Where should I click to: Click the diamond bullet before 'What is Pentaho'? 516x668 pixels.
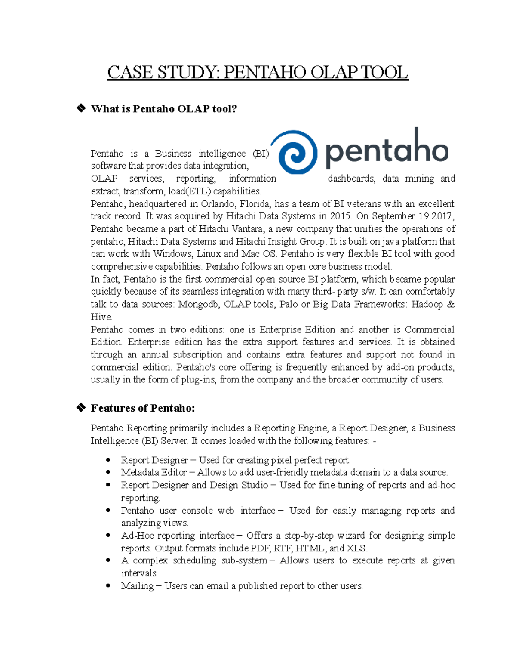point(80,108)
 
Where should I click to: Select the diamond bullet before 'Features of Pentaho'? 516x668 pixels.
point(80,408)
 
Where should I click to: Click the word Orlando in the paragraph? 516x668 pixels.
point(218,203)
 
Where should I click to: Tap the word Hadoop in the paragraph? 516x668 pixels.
point(427,304)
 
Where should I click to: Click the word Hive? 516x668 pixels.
point(101,317)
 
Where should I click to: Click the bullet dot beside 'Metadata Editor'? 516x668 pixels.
point(108,472)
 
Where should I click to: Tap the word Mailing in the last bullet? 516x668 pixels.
point(137,586)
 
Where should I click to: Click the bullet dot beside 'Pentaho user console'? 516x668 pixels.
point(108,511)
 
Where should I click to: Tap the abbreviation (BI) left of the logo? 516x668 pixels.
point(261,154)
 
